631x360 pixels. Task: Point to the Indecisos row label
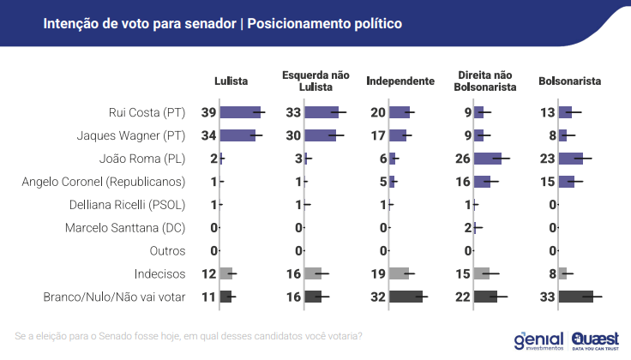pos(160,274)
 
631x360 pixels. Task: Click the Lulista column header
pos(231,81)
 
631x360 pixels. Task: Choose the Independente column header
pos(400,81)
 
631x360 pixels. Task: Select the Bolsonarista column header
pos(569,81)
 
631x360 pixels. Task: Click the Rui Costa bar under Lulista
pos(240,112)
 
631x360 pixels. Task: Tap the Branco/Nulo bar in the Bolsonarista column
pos(575,297)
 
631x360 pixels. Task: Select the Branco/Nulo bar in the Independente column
pos(406,297)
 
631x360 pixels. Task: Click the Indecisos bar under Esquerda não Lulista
pos(312,274)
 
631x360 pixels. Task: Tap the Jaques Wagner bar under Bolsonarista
pos(562,135)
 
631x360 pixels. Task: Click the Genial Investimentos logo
pos(538,340)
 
